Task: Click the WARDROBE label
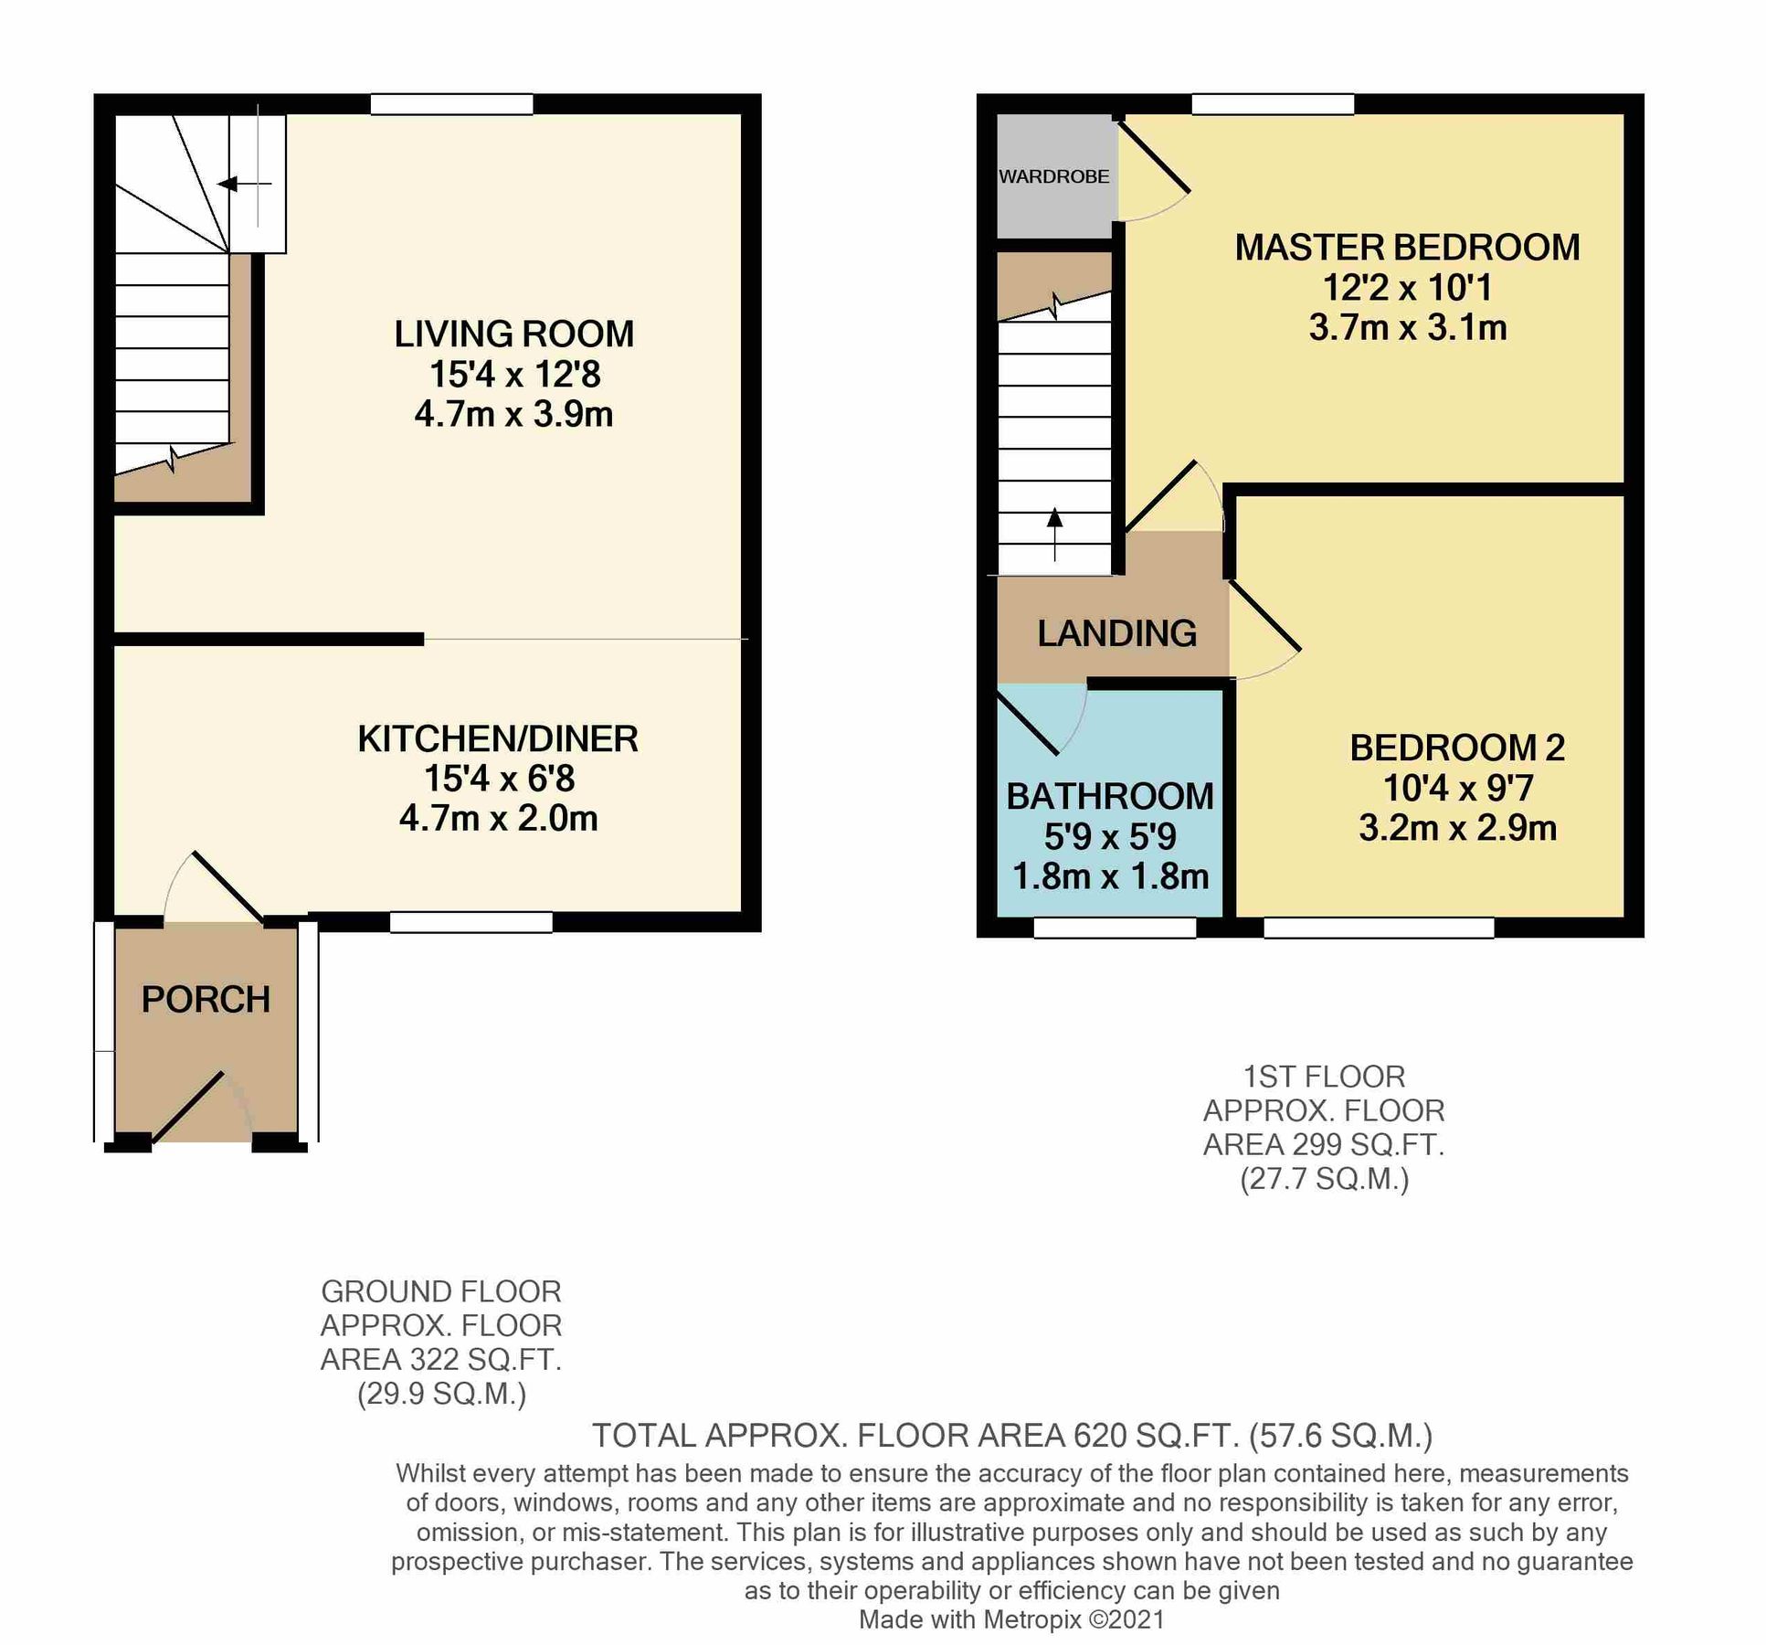[1053, 176]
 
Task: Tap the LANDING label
[1116, 633]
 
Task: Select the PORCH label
[206, 1000]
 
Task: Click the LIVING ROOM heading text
[513, 334]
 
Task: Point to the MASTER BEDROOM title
[1407, 248]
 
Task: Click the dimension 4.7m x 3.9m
[513, 415]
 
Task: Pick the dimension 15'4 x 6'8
[499, 779]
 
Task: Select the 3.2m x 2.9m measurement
[1457, 828]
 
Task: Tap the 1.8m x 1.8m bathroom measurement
[1110, 877]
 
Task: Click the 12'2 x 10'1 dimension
[1407, 288]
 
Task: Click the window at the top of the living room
[451, 104]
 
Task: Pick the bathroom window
[1115, 928]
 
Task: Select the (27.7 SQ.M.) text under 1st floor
[1324, 1179]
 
